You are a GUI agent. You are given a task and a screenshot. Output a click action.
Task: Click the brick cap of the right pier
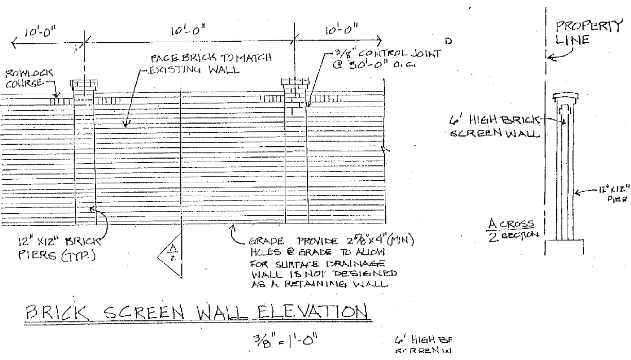click(295, 82)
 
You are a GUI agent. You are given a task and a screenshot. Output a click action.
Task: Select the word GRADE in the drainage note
click(265, 241)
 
